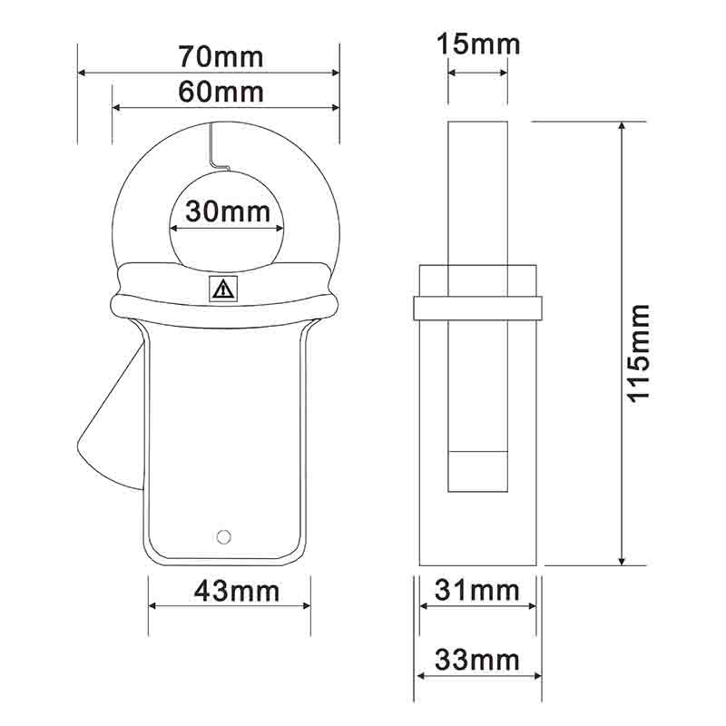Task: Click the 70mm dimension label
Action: [221, 57]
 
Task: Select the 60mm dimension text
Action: [221, 92]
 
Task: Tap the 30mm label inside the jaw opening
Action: [228, 211]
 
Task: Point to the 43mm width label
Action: [237, 592]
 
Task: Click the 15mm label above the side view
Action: [478, 44]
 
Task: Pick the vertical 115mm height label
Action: [639, 354]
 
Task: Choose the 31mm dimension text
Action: [477, 591]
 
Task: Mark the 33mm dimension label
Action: [477, 660]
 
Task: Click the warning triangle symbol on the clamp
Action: [223, 289]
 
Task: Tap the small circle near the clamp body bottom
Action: [223, 536]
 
